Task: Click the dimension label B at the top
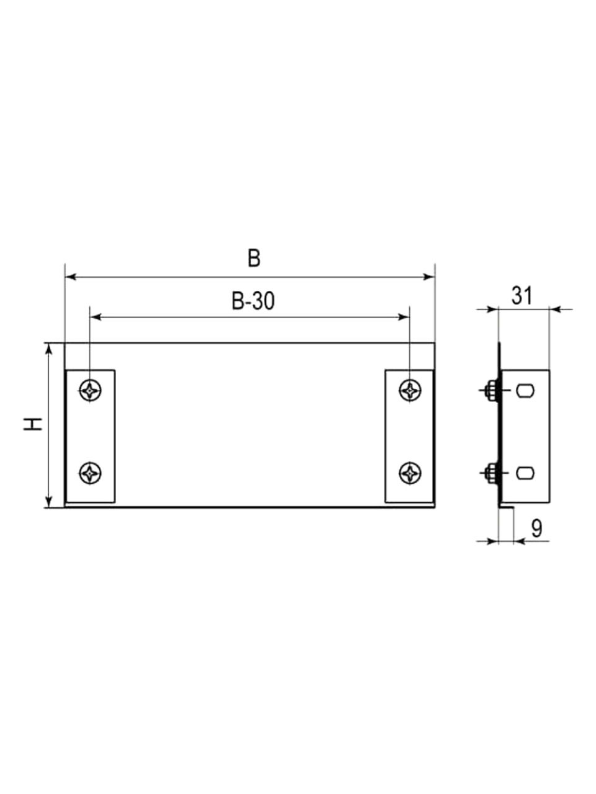[254, 259]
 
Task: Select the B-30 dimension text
[253, 301]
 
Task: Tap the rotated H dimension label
[34, 424]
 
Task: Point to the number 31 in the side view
[522, 295]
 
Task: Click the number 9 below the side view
[537, 529]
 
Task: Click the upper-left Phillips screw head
[90, 391]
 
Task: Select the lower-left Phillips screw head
[90, 473]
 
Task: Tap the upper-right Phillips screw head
[410, 391]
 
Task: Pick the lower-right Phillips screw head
[410, 473]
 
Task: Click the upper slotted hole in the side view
[525, 391]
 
